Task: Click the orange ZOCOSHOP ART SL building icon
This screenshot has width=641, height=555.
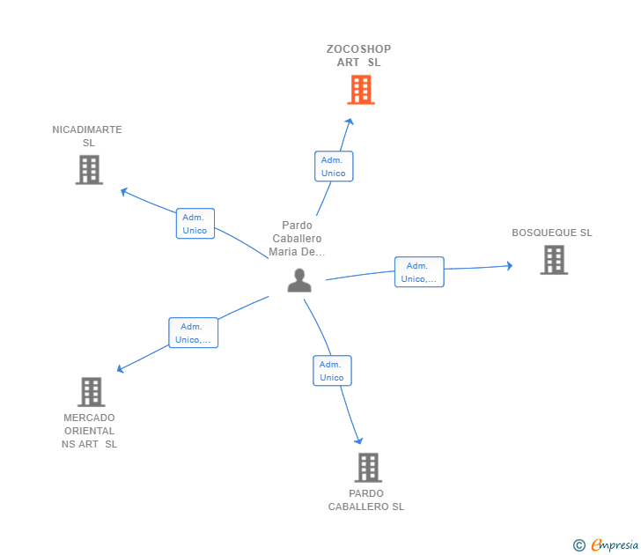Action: pyautogui.click(x=360, y=90)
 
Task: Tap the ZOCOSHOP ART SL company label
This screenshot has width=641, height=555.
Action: pyautogui.click(x=358, y=55)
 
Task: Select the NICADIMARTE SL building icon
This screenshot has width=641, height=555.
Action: pyautogui.click(x=89, y=170)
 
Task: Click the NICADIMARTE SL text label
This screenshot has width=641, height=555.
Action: pyautogui.click(x=87, y=137)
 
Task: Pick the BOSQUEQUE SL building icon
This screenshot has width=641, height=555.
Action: pyautogui.click(x=553, y=260)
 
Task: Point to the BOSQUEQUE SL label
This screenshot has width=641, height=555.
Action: pyautogui.click(x=552, y=233)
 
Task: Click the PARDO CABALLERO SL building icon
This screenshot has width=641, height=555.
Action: pyautogui.click(x=367, y=467)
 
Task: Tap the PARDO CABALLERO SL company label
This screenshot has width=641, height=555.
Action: pyautogui.click(x=366, y=500)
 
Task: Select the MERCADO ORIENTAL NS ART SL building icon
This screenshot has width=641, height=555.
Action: pyautogui.click(x=91, y=392)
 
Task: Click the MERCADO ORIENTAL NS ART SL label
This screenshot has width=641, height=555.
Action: pyautogui.click(x=89, y=431)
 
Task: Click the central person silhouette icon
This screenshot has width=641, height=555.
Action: pyautogui.click(x=299, y=280)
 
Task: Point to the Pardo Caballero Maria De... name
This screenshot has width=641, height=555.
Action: pyautogui.click(x=297, y=239)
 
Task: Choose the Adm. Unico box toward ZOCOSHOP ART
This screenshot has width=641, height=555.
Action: pyautogui.click(x=334, y=166)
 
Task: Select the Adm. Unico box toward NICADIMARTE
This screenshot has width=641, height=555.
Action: pyautogui.click(x=195, y=224)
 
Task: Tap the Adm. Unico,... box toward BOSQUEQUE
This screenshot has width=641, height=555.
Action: pyautogui.click(x=419, y=272)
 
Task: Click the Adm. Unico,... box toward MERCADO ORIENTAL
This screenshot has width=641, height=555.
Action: pyautogui.click(x=193, y=333)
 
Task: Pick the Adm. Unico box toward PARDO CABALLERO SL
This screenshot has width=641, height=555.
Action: pyautogui.click(x=332, y=371)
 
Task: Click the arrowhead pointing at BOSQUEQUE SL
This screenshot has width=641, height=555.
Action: pyautogui.click(x=509, y=266)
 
